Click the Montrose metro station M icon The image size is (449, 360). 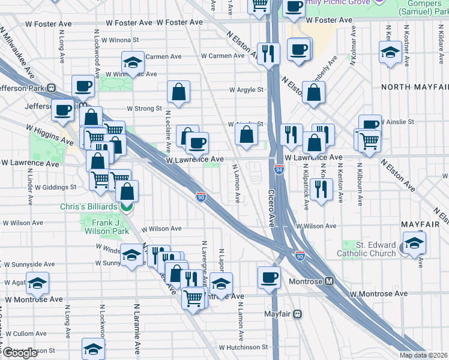tap(329, 281)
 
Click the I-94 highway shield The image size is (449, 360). tap(279, 170)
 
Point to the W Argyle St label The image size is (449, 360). tap(246, 90)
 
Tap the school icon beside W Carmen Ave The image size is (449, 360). tap(133, 61)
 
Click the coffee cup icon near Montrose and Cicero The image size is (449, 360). tap(269, 277)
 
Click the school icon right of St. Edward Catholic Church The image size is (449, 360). tap(414, 244)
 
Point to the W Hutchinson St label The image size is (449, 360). tap(243, 347)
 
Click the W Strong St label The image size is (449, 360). tap(143, 109)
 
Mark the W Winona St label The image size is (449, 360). tap(120, 40)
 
